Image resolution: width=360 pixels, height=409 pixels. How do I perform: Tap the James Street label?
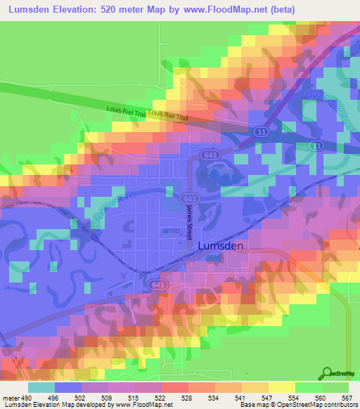point(188,223)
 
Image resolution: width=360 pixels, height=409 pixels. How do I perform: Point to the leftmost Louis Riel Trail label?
point(126,110)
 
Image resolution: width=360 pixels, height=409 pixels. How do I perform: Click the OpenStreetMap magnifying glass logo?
point(326,375)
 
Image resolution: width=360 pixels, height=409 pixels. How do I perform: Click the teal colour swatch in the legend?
point(41,387)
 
